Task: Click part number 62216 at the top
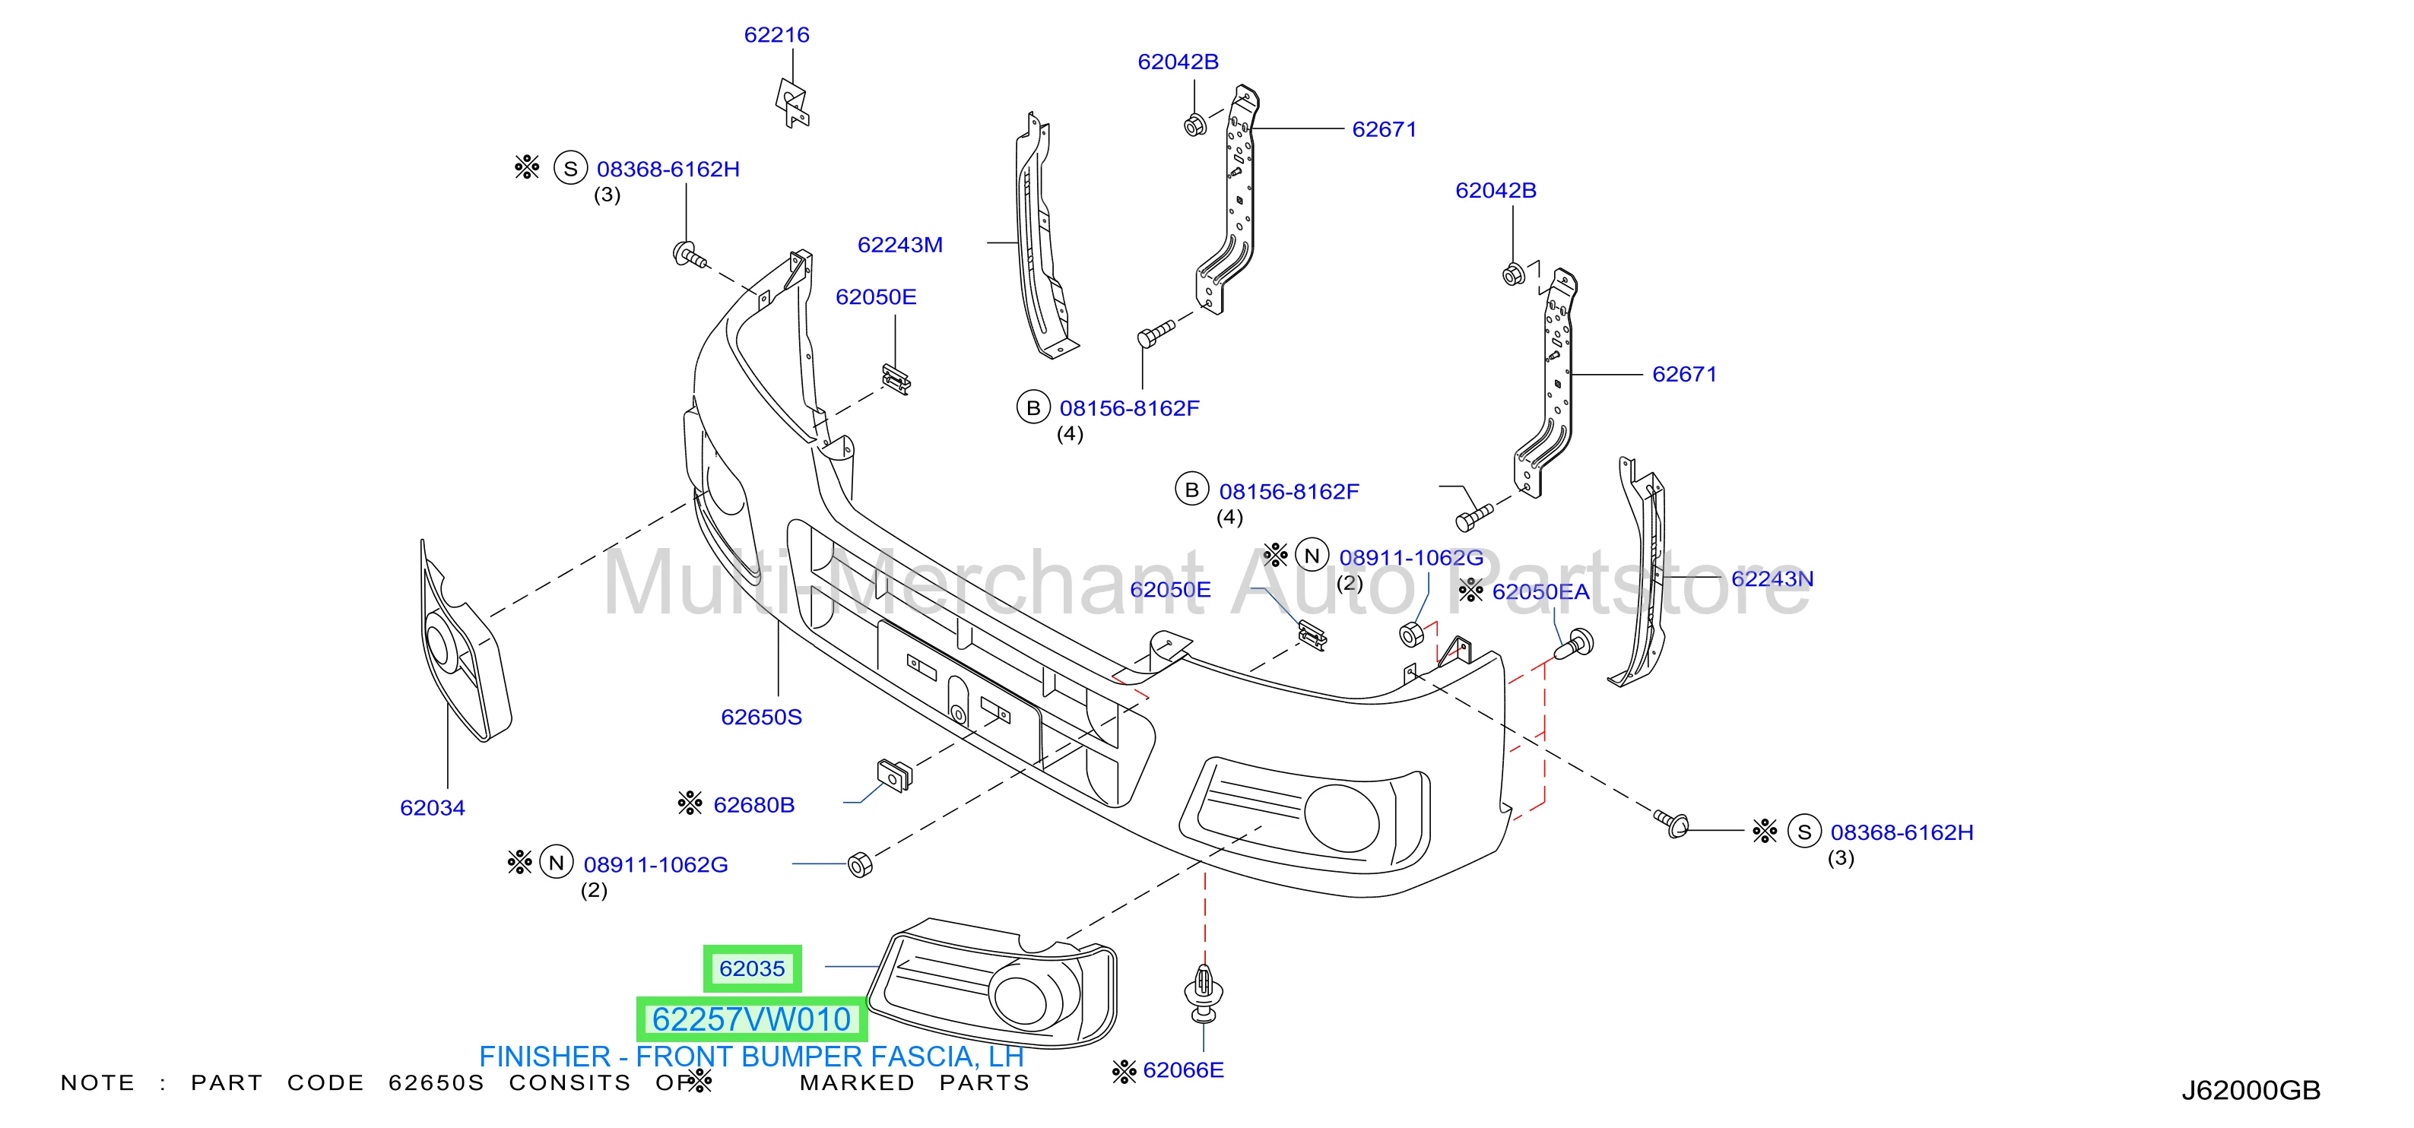(x=776, y=35)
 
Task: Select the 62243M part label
(x=899, y=245)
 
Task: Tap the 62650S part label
(x=761, y=717)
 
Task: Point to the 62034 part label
(x=432, y=807)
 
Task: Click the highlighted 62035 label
(x=753, y=968)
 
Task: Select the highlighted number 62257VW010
(x=751, y=1019)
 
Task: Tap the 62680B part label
(x=753, y=805)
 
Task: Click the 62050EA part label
(x=1540, y=592)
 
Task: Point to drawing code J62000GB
(x=2251, y=1091)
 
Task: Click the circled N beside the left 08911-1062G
(x=557, y=863)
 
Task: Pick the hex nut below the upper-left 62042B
(x=1194, y=125)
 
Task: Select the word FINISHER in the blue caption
(x=544, y=1057)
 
